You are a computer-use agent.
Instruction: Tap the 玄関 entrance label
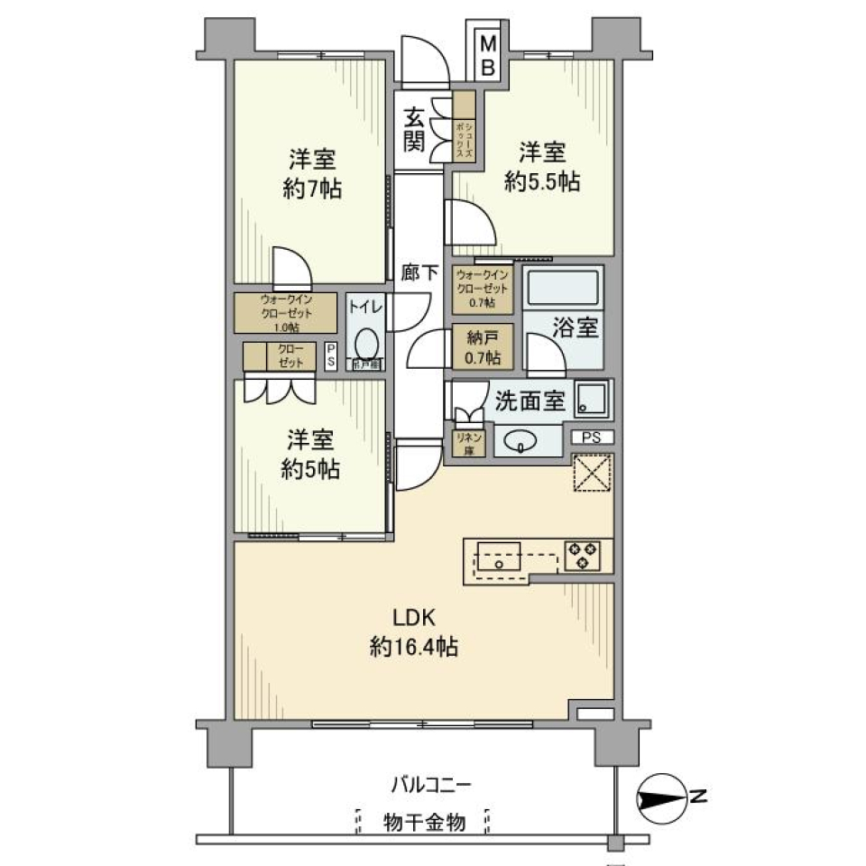point(414,128)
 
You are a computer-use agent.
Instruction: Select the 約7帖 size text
point(312,190)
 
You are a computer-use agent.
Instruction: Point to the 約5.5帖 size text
point(541,180)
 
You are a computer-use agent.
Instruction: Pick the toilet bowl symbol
point(366,344)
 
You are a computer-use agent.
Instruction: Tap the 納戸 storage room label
point(484,346)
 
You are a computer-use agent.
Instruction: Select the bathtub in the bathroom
point(563,290)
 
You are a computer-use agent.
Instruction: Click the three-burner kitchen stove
point(583,554)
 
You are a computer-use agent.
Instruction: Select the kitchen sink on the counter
point(496,556)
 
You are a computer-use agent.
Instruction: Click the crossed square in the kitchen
point(592,473)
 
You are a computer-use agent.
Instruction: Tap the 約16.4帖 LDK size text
point(414,646)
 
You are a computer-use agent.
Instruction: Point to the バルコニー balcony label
point(430,784)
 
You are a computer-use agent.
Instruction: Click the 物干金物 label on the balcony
point(423,823)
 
